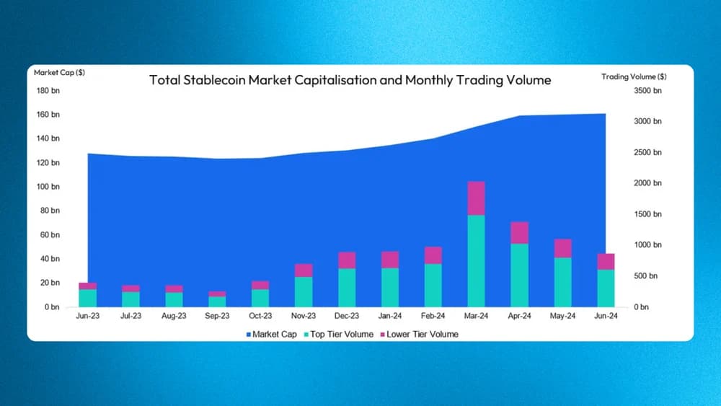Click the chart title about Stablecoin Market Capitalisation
coord(350,80)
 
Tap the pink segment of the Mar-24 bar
coord(477,198)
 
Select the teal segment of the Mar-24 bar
coord(477,261)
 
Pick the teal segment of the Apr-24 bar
coord(520,275)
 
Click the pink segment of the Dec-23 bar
coord(347,260)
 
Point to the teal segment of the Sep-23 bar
coord(217,301)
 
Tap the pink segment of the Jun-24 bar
coord(606,262)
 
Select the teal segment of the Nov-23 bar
coord(304,291)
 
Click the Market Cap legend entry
coord(272,335)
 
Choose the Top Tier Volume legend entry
coord(339,335)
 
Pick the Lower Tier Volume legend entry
coord(420,335)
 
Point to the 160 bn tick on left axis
coord(48,115)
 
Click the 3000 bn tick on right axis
coord(647,121)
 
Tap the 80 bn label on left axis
coord(50,211)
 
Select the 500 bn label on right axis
coord(645,276)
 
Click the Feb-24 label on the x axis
coord(433,316)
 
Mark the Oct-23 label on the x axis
coord(260,316)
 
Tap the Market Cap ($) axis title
coord(59,73)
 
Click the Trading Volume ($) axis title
coord(634,76)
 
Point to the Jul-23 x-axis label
coord(131,316)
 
